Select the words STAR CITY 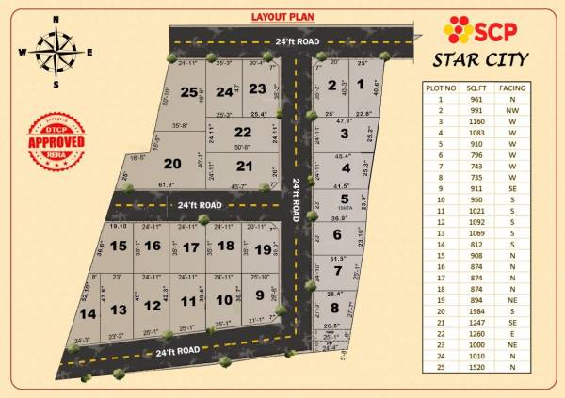coord(480,61)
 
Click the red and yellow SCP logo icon coord(458,29)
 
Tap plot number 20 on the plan coord(172,163)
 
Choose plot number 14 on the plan coord(89,312)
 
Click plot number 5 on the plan coord(345,199)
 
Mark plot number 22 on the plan coord(243,133)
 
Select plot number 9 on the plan coord(260,295)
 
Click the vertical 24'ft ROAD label coord(296,199)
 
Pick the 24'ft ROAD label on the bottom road coord(176,350)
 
